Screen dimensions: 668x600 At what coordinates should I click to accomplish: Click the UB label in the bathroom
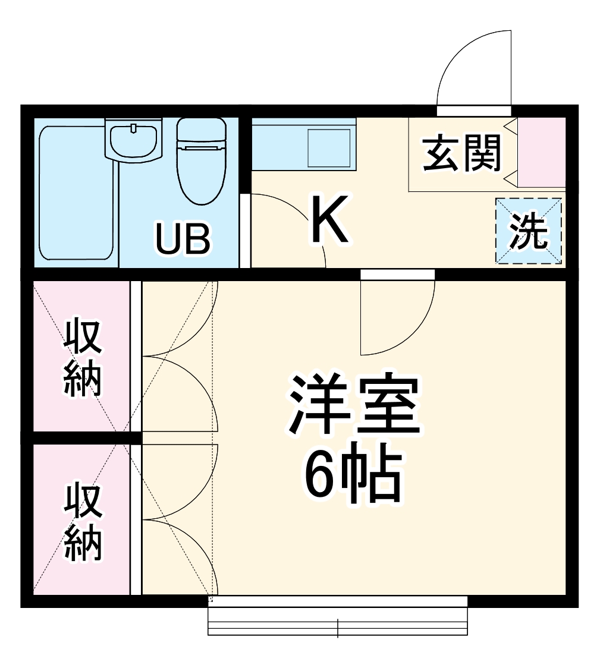click(x=183, y=239)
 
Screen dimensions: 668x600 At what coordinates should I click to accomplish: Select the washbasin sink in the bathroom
click(x=133, y=138)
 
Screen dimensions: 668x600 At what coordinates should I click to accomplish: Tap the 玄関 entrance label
click(x=462, y=153)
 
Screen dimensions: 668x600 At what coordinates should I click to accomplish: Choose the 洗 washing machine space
click(x=529, y=231)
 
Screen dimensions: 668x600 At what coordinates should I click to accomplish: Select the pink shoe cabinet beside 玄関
click(x=541, y=152)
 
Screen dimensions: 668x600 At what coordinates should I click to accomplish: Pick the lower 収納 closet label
click(x=83, y=522)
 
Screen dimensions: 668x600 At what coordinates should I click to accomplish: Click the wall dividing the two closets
click(x=83, y=438)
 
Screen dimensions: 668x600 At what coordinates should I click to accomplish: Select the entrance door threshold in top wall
click(x=474, y=111)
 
